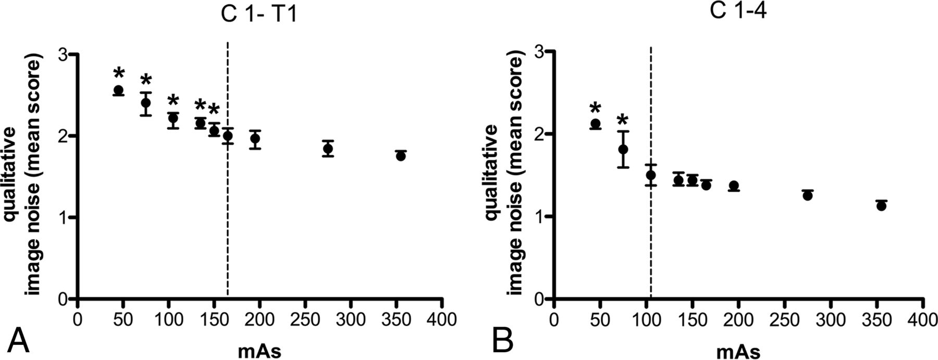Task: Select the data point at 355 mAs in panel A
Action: coord(401,156)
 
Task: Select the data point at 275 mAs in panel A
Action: coord(328,149)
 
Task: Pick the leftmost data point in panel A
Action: coord(118,90)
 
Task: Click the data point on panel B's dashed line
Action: coord(650,175)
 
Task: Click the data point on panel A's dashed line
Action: coord(228,136)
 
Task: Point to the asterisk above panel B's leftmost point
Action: coord(595,109)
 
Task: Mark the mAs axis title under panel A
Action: coord(259,351)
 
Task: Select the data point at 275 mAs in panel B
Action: coord(808,195)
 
